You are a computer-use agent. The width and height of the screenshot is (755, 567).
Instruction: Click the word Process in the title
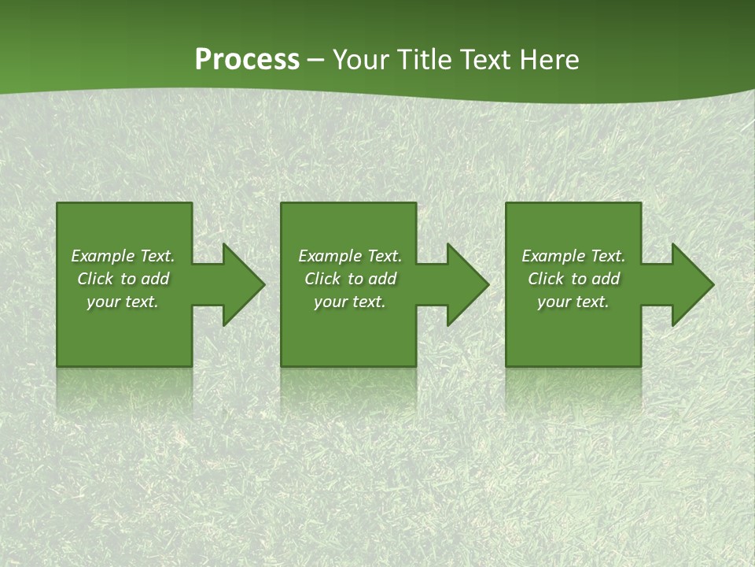click(247, 60)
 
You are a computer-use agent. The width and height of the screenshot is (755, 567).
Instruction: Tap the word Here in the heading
click(550, 60)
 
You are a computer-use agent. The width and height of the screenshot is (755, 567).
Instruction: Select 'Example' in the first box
click(102, 256)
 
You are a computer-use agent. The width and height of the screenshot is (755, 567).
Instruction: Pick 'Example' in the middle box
click(330, 256)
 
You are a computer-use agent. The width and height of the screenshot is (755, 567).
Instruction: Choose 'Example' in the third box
click(553, 256)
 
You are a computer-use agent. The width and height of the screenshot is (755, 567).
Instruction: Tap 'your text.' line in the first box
click(123, 302)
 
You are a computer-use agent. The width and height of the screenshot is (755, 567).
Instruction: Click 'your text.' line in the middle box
click(350, 302)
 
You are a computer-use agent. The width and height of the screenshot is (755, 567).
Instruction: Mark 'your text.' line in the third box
click(573, 302)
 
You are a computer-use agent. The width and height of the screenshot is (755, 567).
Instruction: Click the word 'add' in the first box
click(156, 279)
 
